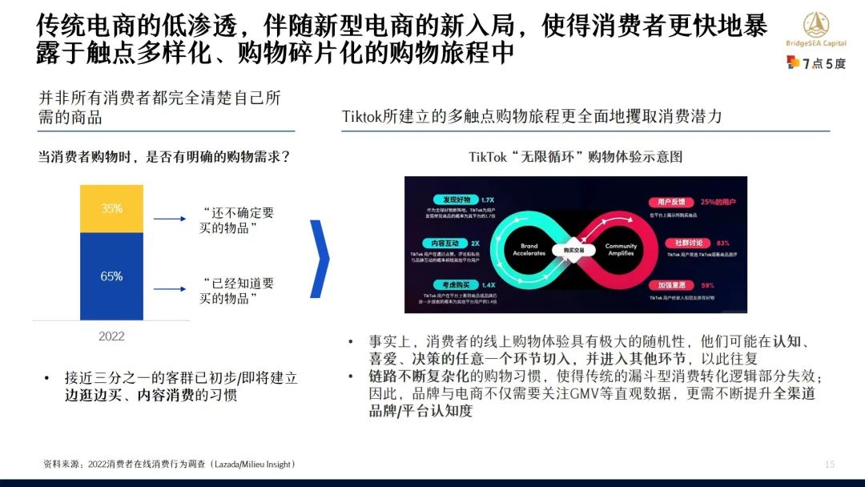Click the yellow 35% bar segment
111,208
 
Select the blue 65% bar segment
111,276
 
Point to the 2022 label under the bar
111,336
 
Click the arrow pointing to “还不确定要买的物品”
170,219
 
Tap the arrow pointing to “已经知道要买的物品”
170,289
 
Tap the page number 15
830,465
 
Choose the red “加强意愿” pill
670,285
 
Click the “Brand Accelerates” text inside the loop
529,249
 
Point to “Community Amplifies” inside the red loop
621,249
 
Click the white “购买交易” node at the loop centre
575,248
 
